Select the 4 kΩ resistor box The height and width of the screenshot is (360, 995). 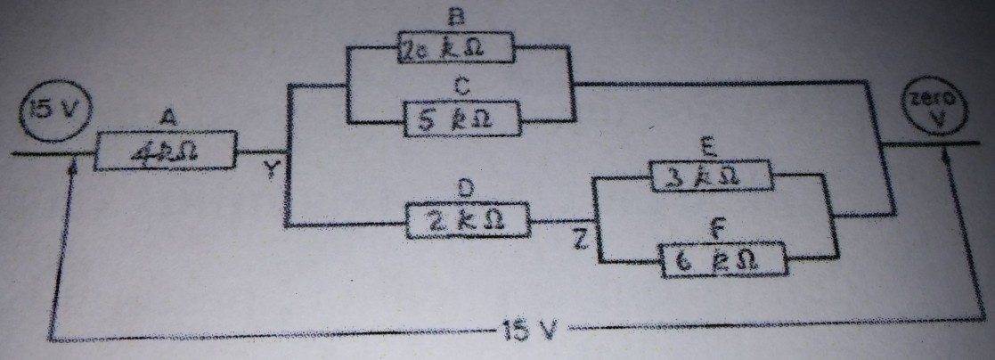click(166, 151)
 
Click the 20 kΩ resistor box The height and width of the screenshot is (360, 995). click(456, 49)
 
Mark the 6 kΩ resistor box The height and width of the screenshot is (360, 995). click(723, 260)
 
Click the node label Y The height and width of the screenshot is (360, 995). click(271, 171)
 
